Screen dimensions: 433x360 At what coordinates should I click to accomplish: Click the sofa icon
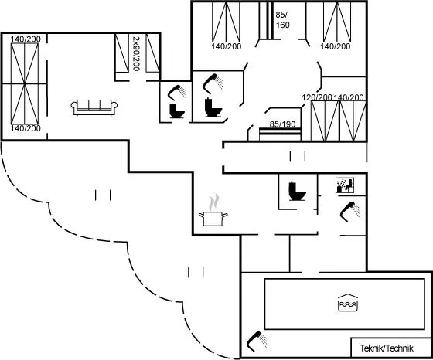tap(94, 107)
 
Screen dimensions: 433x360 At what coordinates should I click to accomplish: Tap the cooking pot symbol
tap(213, 219)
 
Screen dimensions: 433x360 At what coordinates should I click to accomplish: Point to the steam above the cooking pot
tap(214, 202)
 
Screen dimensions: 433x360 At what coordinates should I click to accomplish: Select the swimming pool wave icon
tap(348, 303)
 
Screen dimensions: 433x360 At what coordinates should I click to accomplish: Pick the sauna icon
tap(345, 185)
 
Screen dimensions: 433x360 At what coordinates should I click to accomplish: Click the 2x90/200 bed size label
tap(136, 53)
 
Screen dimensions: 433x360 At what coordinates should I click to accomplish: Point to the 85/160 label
tap(282, 20)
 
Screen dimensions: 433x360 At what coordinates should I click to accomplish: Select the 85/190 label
tap(282, 124)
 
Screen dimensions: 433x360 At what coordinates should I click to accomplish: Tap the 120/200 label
tap(317, 97)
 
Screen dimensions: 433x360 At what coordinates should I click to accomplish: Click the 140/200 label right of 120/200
tap(349, 97)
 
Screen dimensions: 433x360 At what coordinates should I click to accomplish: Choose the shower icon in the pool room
tap(257, 341)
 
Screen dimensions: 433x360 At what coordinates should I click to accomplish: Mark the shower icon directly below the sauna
tap(350, 212)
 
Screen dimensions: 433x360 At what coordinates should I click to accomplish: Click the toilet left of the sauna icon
tap(297, 191)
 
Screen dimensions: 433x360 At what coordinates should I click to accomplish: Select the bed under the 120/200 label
tap(325, 121)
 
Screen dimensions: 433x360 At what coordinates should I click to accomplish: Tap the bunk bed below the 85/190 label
tap(280, 134)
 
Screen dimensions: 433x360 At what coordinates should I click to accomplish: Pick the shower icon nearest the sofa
tap(177, 93)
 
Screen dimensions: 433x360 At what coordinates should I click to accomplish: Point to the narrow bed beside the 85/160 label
tap(266, 20)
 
